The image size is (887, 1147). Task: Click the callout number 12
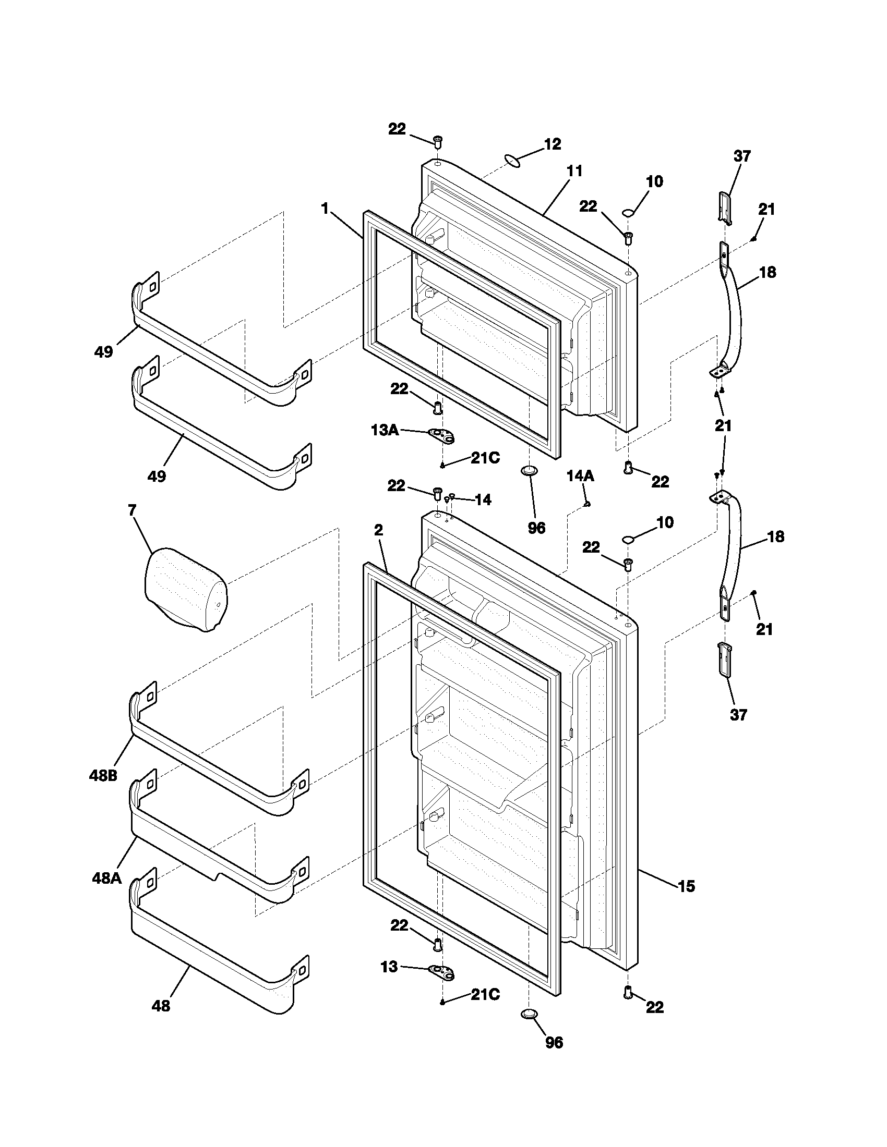click(x=552, y=144)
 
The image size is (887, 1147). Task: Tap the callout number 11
click(x=575, y=171)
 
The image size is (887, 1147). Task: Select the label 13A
click(x=385, y=430)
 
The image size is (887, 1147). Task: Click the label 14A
click(x=580, y=476)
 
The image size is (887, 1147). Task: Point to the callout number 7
click(x=131, y=509)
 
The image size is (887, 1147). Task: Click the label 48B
click(x=103, y=775)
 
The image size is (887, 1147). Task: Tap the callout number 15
click(x=686, y=886)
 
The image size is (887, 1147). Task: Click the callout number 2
click(x=378, y=530)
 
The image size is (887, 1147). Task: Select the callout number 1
click(x=325, y=209)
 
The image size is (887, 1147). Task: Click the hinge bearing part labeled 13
click(x=441, y=973)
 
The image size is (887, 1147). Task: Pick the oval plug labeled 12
click(x=513, y=161)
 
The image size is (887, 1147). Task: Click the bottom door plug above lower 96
click(x=530, y=1013)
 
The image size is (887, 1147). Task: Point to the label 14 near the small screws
click(x=483, y=500)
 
